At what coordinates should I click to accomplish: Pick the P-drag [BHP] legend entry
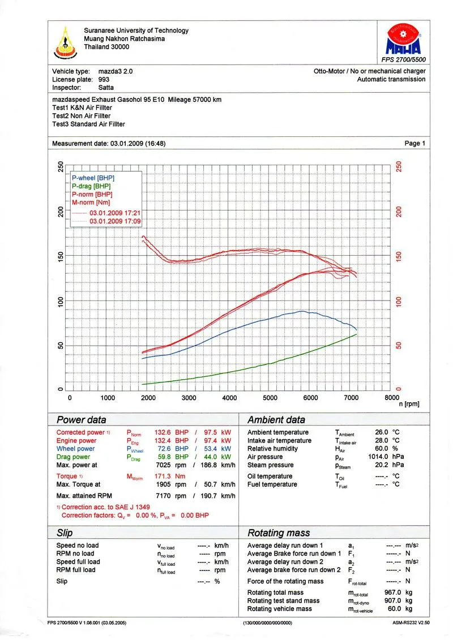91,186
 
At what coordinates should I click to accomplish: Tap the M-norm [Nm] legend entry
91,202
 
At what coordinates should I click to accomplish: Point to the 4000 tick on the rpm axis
229,398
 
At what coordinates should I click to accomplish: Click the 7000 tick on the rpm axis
351,398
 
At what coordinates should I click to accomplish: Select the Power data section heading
81,420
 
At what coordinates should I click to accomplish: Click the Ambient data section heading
276,420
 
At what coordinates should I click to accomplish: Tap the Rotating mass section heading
279,533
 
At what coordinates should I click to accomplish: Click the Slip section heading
65,533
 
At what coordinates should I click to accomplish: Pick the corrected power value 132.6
163,433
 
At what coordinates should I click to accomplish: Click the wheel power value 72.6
165,449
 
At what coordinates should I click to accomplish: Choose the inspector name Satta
106,88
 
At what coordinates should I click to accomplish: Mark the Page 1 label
415,144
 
